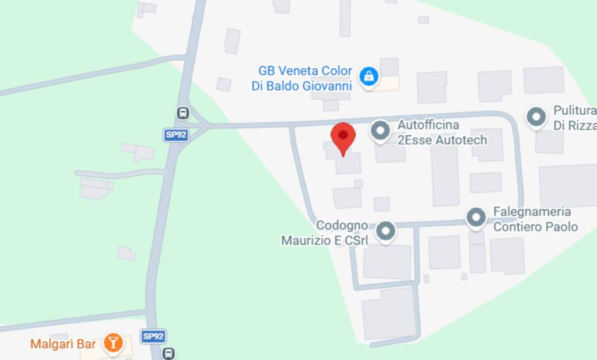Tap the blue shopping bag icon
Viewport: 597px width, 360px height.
point(368,76)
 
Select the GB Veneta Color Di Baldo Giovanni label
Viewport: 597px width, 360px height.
point(305,79)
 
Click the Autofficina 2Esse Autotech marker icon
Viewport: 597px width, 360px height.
point(380,131)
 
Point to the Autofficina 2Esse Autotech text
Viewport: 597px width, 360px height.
point(441,132)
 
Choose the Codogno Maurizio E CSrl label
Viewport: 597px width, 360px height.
point(325,233)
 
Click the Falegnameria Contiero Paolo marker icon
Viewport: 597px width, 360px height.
point(476,218)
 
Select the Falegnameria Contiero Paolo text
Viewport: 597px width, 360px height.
point(535,219)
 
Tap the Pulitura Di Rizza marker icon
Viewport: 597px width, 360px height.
point(535,117)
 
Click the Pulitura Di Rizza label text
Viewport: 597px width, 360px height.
point(574,118)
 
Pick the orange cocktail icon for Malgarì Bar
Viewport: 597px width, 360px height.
point(113,343)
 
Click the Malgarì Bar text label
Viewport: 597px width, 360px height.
point(63,344)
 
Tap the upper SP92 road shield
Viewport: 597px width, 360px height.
point(175,135)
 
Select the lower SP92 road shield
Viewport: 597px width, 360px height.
point(153,336)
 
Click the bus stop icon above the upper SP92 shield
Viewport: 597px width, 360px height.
point(182,113)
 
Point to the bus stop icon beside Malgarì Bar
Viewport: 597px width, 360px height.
point(168,353)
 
